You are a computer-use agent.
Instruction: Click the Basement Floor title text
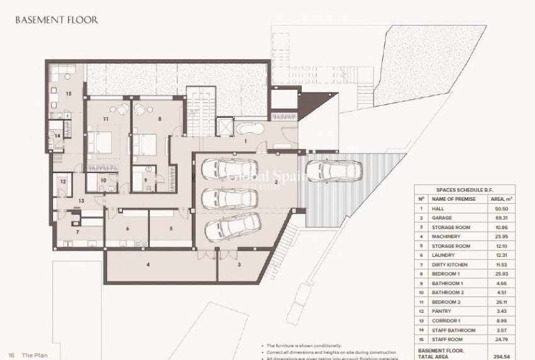(57, 20)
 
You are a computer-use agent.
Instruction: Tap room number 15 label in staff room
(68, 94)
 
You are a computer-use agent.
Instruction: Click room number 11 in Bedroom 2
(106, 118)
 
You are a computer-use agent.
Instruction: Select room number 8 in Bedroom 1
(160, 118)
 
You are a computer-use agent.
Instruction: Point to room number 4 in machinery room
(148, 266)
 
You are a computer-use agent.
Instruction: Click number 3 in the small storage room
(239, 266)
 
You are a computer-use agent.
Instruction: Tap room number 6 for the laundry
(128, 229)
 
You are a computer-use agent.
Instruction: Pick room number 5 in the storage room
(171, 229)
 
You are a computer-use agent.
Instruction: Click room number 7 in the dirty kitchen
(77, 233)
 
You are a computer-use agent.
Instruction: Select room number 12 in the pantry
(63, 181)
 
